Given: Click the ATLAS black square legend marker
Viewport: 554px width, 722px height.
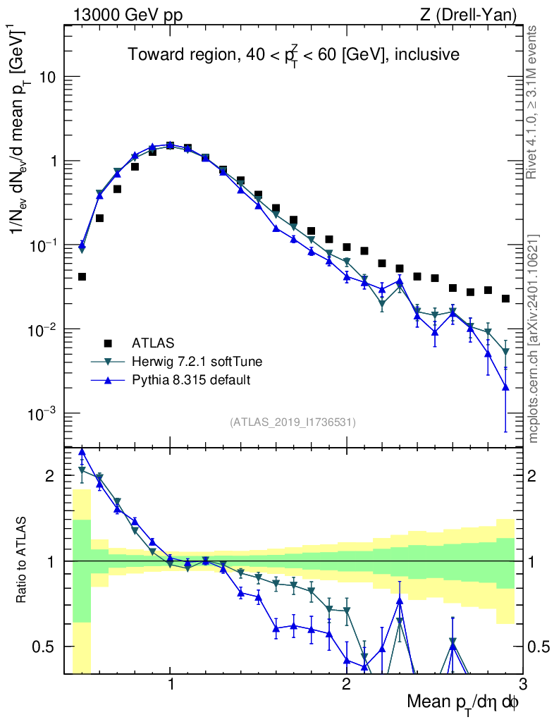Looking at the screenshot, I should (108, 343).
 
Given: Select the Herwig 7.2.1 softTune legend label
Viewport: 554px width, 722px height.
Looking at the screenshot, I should (197, 362).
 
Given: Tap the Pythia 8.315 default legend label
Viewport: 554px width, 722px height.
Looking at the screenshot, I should (191, 380).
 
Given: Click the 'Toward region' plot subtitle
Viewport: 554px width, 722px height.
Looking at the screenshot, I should (293, 55).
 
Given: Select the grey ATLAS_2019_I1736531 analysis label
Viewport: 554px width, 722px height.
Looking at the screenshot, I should (293, 422).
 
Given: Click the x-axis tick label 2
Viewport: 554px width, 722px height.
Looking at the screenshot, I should (346, 686).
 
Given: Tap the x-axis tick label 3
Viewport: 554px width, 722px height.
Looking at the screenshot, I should (522, 686).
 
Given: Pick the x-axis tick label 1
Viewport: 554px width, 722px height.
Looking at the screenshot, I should (171, 686).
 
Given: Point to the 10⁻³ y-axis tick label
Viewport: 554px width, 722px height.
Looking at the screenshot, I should (44, 413).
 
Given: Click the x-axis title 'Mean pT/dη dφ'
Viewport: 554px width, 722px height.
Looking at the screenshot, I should (463, 703).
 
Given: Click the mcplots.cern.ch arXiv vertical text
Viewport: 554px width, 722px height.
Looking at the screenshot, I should (534, 338).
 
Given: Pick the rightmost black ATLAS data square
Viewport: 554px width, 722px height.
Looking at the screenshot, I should (505, 299).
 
